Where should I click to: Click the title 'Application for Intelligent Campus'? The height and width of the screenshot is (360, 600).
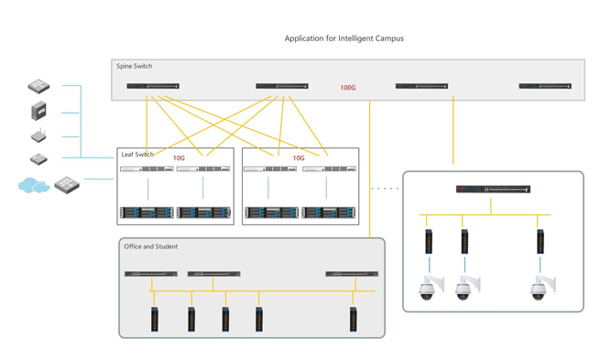click(344, 38)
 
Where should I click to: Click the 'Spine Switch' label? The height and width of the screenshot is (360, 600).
click(135, 66)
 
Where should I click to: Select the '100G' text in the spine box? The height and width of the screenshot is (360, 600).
click(348, 88)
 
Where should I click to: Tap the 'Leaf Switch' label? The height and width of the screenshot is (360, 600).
click(137, 155)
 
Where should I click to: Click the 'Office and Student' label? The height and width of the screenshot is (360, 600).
click(151, 246)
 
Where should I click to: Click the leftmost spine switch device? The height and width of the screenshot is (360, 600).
click(153, 86)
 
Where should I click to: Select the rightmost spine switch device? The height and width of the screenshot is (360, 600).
click(545, 86)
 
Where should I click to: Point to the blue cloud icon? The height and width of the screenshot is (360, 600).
click(33, 186)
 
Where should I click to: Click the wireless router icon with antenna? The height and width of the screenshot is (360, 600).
click(38, 136)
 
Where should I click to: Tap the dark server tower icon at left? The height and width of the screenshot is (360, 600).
click(38, 111)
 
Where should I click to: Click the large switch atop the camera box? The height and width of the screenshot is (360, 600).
click(493, 190)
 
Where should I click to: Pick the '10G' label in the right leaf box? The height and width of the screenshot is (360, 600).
click(299, 158)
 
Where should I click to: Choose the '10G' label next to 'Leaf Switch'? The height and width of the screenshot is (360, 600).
click(179, 158)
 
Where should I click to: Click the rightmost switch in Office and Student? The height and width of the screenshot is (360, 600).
click(352, 273)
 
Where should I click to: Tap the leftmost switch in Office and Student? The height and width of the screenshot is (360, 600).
click(151, 273)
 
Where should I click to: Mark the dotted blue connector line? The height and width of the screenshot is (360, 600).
click(385, 189)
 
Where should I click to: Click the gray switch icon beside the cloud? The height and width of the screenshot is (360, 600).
click(67, 184)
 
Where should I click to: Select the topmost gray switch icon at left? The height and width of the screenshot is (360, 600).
click(38, 86)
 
